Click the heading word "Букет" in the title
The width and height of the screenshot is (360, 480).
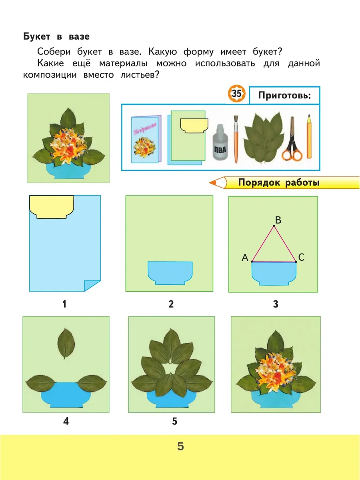click(x=37, y=36)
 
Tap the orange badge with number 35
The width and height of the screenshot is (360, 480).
click(x=236, y=94)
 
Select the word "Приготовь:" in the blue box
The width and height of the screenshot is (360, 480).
click(x=284, y=96)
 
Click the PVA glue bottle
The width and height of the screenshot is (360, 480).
click(x=220, y=142)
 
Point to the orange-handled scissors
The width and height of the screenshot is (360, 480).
click(x=292, y=139)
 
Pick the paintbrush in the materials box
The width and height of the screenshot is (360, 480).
click(x=236, y=139)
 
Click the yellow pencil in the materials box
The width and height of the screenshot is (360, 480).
click(x=309, y=136)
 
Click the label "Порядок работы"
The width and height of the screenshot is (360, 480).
click(x=279, y=182)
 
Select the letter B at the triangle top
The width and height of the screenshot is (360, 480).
click(x=278, y=220)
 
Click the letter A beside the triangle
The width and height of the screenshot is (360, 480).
click(x=245, y=258)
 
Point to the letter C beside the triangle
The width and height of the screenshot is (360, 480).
click(x=301, y=257)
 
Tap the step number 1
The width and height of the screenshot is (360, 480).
click(x=64, y=304)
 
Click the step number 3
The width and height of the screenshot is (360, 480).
click(x=276, y=304)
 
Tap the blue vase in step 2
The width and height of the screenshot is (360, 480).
click(x=170, y=273)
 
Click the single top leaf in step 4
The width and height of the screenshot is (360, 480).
click(x=66, y=343)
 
